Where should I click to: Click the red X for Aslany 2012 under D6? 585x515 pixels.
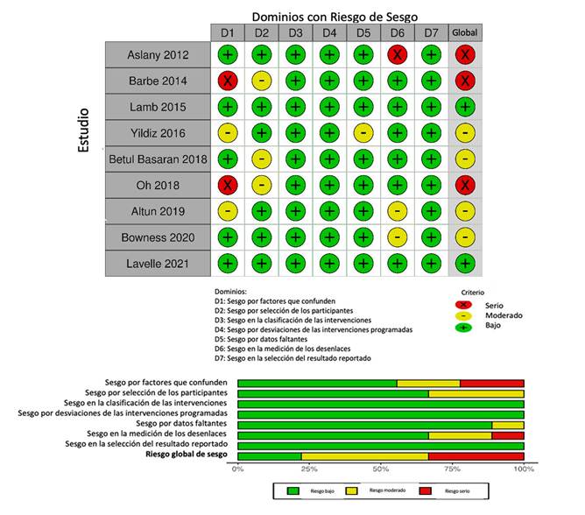point(398,54)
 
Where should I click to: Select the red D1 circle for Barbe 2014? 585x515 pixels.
point(227,81)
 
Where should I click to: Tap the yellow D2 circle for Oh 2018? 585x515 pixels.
point(261,186)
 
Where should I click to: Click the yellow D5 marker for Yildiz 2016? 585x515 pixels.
point(363,133)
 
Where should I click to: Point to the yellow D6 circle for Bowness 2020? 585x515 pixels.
point(398,237)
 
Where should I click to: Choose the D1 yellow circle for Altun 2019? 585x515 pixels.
point(227,211)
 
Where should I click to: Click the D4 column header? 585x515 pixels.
point(329,33)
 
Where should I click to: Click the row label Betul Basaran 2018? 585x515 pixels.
point(157,159)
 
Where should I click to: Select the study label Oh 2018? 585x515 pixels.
point(157,186)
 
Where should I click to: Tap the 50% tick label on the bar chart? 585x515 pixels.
point(381,468)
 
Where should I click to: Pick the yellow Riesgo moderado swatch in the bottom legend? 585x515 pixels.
point(353,492)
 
